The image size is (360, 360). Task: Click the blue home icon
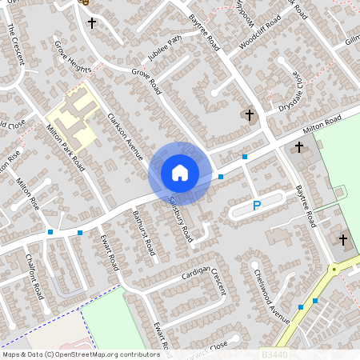[180, 172]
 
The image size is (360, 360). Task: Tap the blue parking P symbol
[257, 206]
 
